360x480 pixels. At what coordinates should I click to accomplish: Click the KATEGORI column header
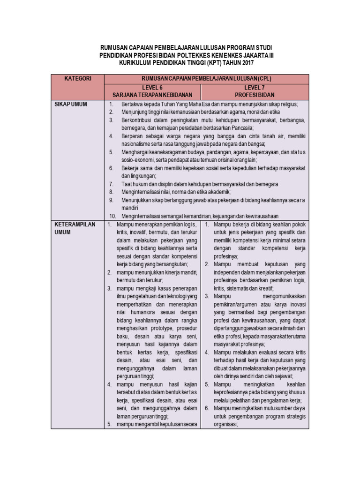[78, 79]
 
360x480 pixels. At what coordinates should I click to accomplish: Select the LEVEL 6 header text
[152, 88]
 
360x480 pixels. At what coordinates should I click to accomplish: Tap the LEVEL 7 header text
[255, 88]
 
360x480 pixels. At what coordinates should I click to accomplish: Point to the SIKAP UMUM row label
[71, 104]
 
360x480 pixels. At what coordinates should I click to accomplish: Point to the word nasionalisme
[136, 144]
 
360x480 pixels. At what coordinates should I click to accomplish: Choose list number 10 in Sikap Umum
[112, 216]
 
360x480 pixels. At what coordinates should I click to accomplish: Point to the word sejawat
[284, 376]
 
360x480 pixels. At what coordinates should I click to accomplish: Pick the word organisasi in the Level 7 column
[226, 424]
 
